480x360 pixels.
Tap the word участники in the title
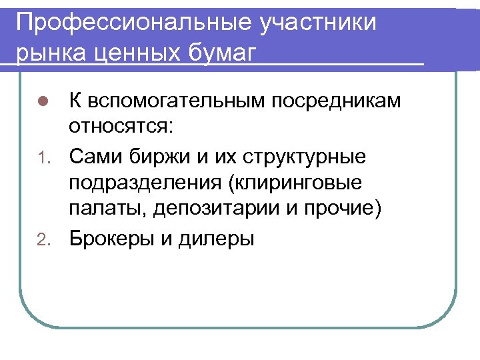coord(319,22)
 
